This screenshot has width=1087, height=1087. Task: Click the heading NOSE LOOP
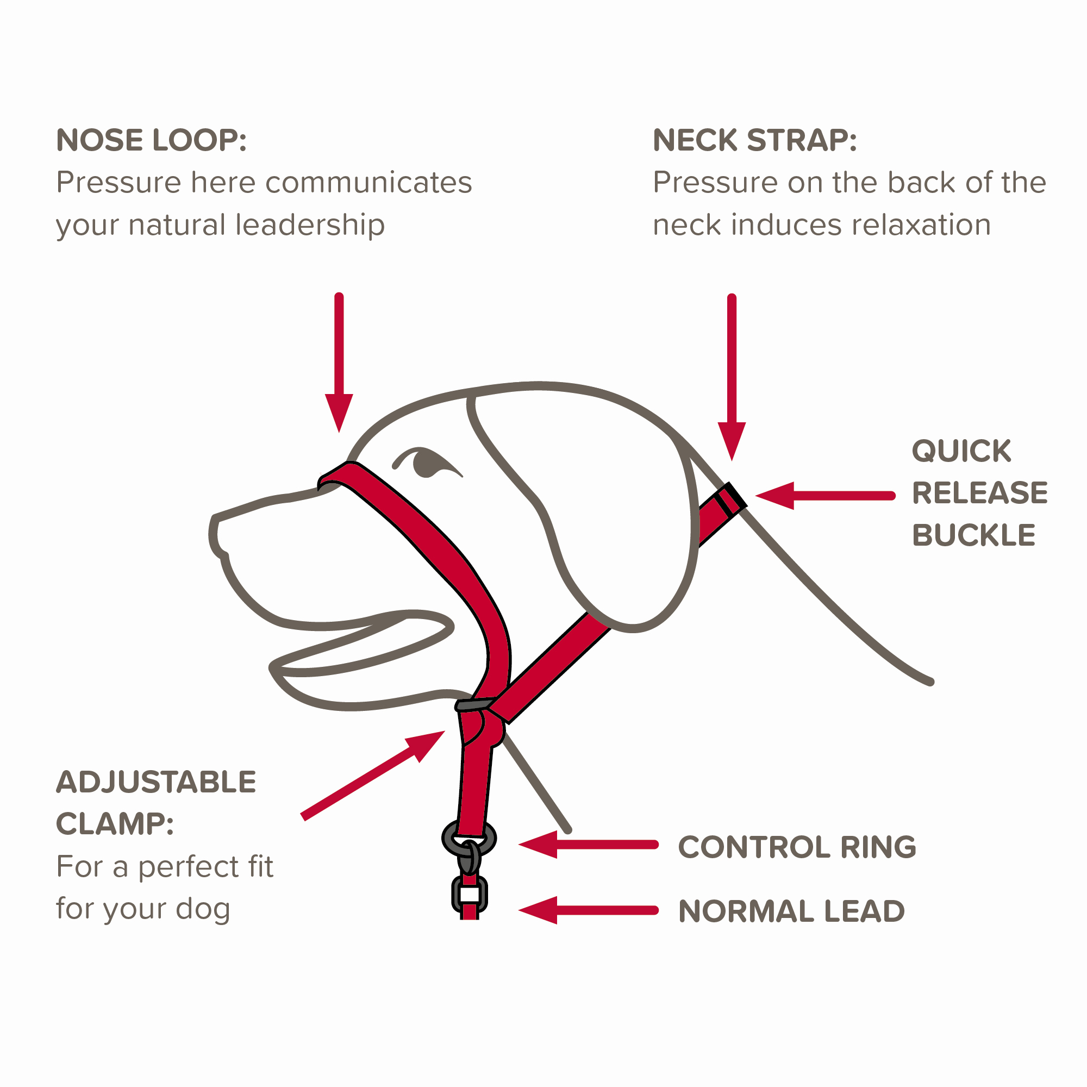151,140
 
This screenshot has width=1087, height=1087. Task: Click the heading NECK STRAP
754,140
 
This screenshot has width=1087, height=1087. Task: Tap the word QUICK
961,451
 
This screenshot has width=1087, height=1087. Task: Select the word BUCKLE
973,535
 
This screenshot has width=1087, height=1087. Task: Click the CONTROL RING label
797,847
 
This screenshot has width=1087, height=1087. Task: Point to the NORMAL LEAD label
791,911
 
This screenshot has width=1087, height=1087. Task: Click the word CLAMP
115,824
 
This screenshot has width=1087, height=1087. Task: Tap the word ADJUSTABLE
156,782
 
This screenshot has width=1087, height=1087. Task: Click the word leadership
310,225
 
